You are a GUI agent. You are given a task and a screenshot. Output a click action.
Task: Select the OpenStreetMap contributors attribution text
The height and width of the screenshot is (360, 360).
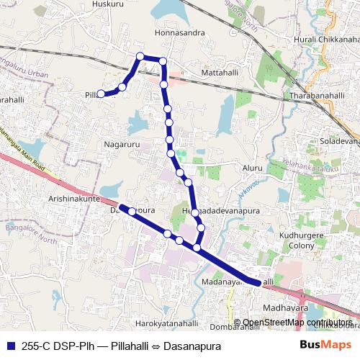(297, 323)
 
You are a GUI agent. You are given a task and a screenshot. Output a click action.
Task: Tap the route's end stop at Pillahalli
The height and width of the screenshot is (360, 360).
(102, 94)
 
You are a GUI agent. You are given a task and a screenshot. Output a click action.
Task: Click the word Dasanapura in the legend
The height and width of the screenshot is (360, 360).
(189, 345)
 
